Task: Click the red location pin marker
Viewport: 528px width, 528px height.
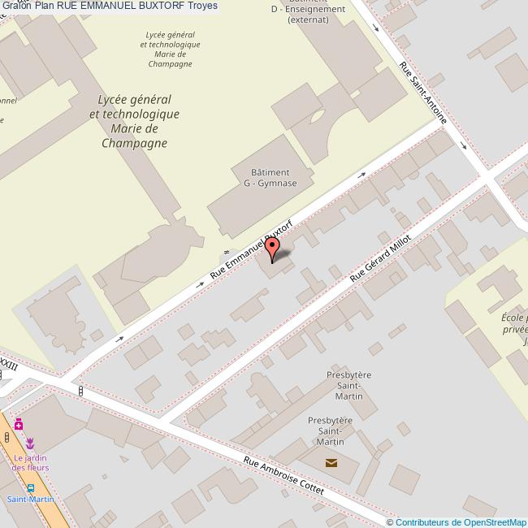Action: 273,247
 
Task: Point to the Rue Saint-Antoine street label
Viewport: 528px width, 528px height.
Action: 423,94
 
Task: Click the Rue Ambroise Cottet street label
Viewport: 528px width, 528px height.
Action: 284,477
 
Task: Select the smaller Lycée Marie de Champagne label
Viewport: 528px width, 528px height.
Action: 172,50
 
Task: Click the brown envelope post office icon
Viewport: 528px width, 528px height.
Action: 331,463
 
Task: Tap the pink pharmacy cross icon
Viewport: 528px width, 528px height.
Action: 18,424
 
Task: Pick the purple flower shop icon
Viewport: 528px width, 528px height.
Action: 31,443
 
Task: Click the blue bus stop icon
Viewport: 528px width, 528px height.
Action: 30,487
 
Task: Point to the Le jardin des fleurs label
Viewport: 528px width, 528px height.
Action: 31,462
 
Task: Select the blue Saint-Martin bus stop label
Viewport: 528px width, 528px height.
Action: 29,500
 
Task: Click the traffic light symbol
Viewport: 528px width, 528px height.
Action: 80,391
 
